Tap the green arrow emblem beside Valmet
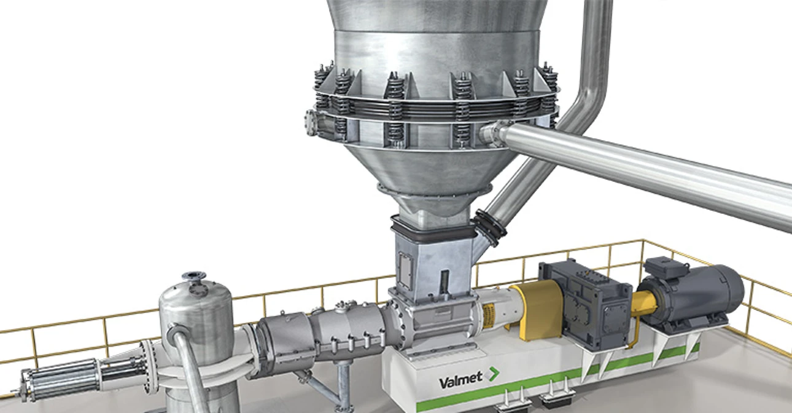[492, 374]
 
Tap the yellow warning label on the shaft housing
[489, 315]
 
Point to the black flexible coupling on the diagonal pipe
[489, 227]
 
